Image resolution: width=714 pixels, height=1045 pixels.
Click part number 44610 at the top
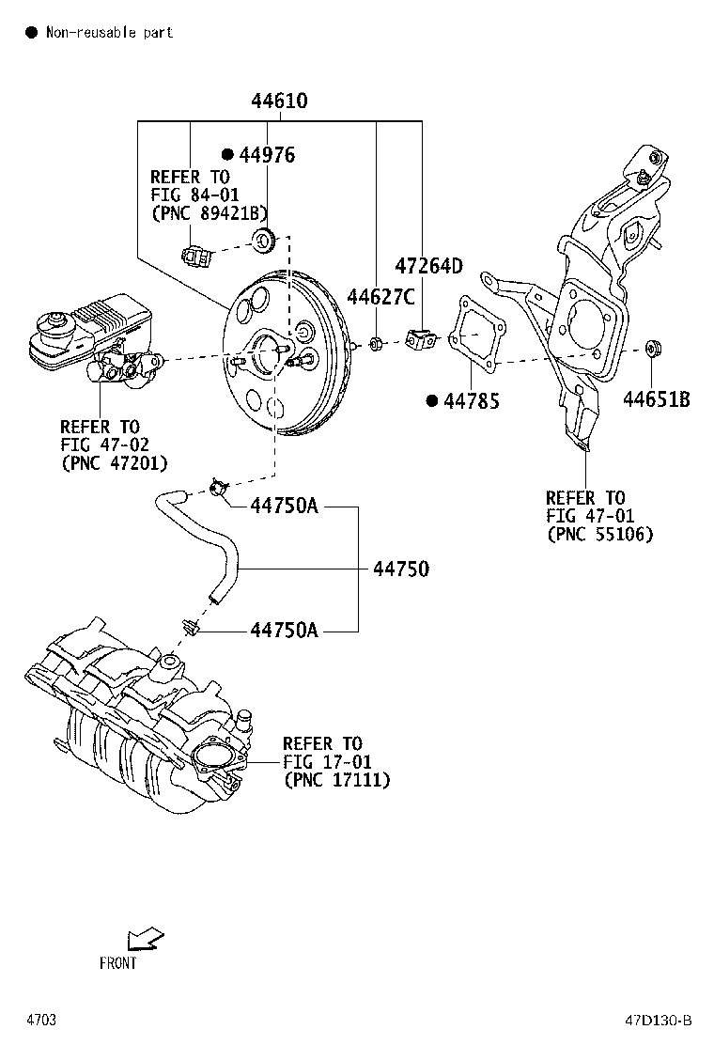click(279, 101)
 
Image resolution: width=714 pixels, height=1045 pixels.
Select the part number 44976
click(267, 155)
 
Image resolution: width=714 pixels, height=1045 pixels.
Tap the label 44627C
click(380, 298)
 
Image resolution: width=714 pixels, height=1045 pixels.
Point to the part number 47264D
click(428, 266)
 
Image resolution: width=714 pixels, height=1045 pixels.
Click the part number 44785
click(472, 401)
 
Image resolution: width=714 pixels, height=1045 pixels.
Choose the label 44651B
click(657, 400)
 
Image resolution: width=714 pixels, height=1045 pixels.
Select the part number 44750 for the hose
click(401, 569)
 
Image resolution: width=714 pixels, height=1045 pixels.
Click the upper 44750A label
click(284, 507)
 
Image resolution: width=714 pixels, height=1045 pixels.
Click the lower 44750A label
click(284, 630)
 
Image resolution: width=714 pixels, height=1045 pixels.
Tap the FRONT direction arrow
click(145, 939)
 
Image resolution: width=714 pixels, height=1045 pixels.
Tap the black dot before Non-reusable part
click(30, 33)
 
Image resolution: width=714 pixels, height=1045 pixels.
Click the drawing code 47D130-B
click(659, 1020)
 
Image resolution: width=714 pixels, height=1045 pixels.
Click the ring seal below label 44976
click(264, 241)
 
